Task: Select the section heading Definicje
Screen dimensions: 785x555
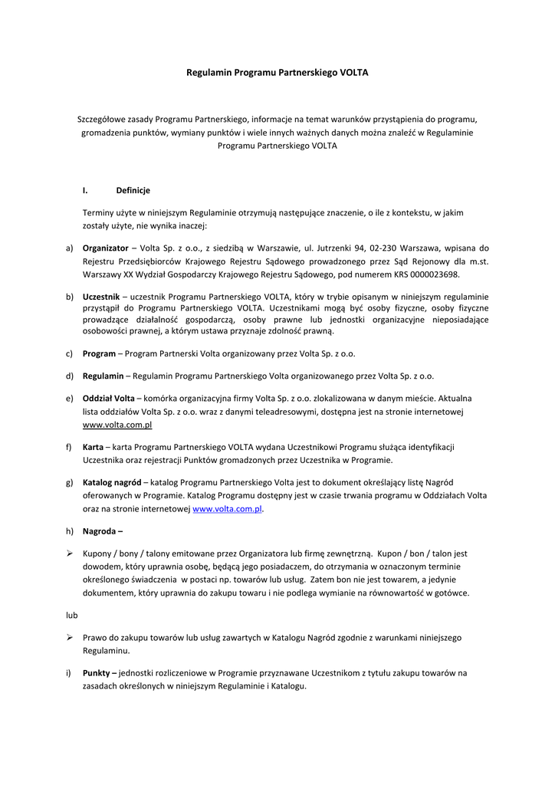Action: (x=133, y=190)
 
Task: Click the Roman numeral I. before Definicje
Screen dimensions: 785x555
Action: (x=86, y=190)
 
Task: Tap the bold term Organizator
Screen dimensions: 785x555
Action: (x=106, y=248)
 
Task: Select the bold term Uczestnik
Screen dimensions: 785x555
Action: (x=101, y=297)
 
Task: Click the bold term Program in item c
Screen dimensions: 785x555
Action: (x=99, y=354)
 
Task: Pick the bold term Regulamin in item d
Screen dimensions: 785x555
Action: (x=103, y=376)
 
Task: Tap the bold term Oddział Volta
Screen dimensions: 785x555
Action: (x=108, y=399)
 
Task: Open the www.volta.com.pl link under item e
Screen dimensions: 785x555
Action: (x=117, y=425)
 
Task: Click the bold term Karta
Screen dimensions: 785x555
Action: (x=93, y=447)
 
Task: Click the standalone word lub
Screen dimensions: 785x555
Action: (x=71, y=615)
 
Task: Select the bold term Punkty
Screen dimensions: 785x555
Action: (x=97, y=672)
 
